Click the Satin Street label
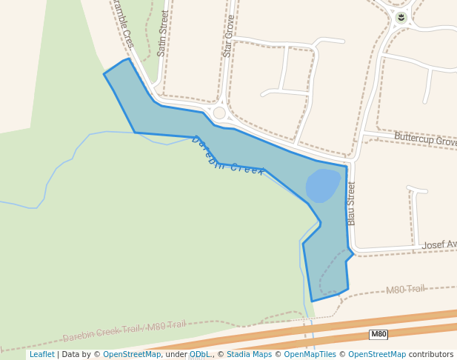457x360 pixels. (164, 33)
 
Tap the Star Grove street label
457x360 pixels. (228, 36)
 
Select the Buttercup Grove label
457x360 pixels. (425, 139)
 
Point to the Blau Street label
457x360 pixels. (351, 203)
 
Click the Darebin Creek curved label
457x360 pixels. (227, 156)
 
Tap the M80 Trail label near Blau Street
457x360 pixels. (405, 289)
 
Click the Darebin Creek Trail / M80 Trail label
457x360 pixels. (124, 330)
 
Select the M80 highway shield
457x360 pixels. (378, 334)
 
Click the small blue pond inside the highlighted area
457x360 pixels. (323, 185)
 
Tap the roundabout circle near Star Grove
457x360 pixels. (219, 113)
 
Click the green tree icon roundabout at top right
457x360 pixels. (401, 17)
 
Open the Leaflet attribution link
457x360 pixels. (41, 355)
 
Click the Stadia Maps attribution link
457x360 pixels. (248, 355)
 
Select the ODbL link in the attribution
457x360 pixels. (199, 355)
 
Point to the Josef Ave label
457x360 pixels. (439, 244)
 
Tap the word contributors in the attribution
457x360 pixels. (431, 355)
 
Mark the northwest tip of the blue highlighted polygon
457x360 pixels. (104, 73)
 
